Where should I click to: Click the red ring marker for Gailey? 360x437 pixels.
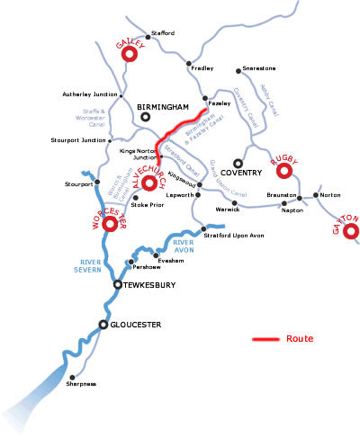click(x=130, y=55)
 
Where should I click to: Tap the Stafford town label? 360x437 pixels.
click(x=164, y=33)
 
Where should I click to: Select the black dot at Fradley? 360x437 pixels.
click(x=189, y=64)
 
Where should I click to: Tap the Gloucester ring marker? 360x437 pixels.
click(x=103, y=324)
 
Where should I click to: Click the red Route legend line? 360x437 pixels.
click(x=265, y=340)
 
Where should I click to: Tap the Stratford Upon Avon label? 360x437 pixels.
click(x=235, y=236)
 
